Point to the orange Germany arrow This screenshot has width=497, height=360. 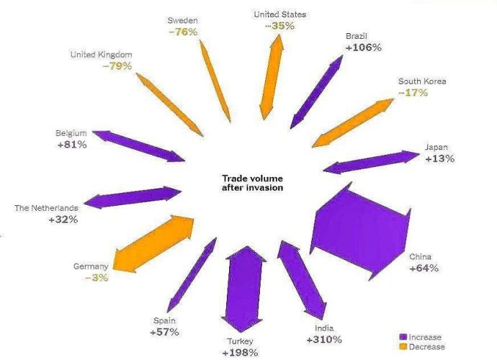click(154, 243)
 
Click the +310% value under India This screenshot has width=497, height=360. click(324, 339)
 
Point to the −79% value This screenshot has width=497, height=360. click(115, 66)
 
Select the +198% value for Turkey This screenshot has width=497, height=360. click(240, 352)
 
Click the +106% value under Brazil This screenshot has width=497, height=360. click(363, 48)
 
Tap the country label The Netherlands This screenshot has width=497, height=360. click(46, 208)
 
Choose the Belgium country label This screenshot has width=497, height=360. click(71, 133)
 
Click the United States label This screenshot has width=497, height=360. click(280, 14)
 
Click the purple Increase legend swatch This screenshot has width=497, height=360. click(403, 337)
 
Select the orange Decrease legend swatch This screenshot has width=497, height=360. click(403, 347)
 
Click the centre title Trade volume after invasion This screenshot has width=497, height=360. click(251, 183)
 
